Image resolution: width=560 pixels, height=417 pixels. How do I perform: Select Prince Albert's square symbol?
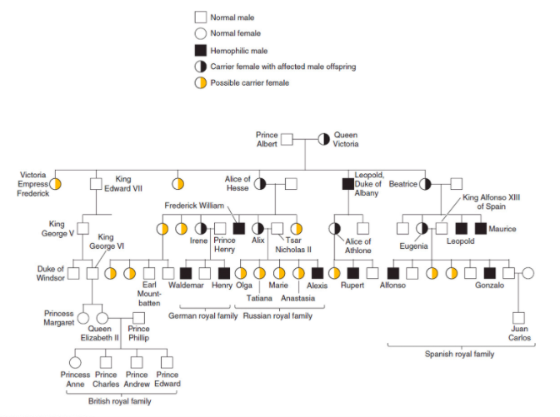point(286,138)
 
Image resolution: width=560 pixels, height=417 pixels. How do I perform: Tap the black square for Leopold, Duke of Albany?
point(348,183)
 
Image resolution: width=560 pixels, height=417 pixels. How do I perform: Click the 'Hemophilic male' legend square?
point(200,50)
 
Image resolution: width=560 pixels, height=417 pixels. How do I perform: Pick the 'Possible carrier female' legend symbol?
point(200,82)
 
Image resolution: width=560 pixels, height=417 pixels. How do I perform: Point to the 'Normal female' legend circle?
point(200,33)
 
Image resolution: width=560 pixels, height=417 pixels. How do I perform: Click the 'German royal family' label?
point(200,315)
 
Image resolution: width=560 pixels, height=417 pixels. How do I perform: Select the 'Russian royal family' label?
point(278,315)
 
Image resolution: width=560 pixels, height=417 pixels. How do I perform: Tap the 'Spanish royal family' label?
point(460,354)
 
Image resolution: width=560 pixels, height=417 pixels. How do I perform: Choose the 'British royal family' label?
point(121,401)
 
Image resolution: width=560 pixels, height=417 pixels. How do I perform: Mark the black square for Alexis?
point(317,271)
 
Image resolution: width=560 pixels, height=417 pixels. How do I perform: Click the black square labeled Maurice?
point(480,228)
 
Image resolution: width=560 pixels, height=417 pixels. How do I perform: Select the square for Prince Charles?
point(105,361)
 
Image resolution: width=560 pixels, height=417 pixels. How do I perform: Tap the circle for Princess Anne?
point(75,361)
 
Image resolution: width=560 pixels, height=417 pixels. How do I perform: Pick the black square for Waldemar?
point(186,271)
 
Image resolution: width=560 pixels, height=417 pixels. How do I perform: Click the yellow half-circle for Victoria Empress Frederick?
point(55,183)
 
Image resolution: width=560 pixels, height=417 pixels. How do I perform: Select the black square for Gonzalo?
point(490,271)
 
